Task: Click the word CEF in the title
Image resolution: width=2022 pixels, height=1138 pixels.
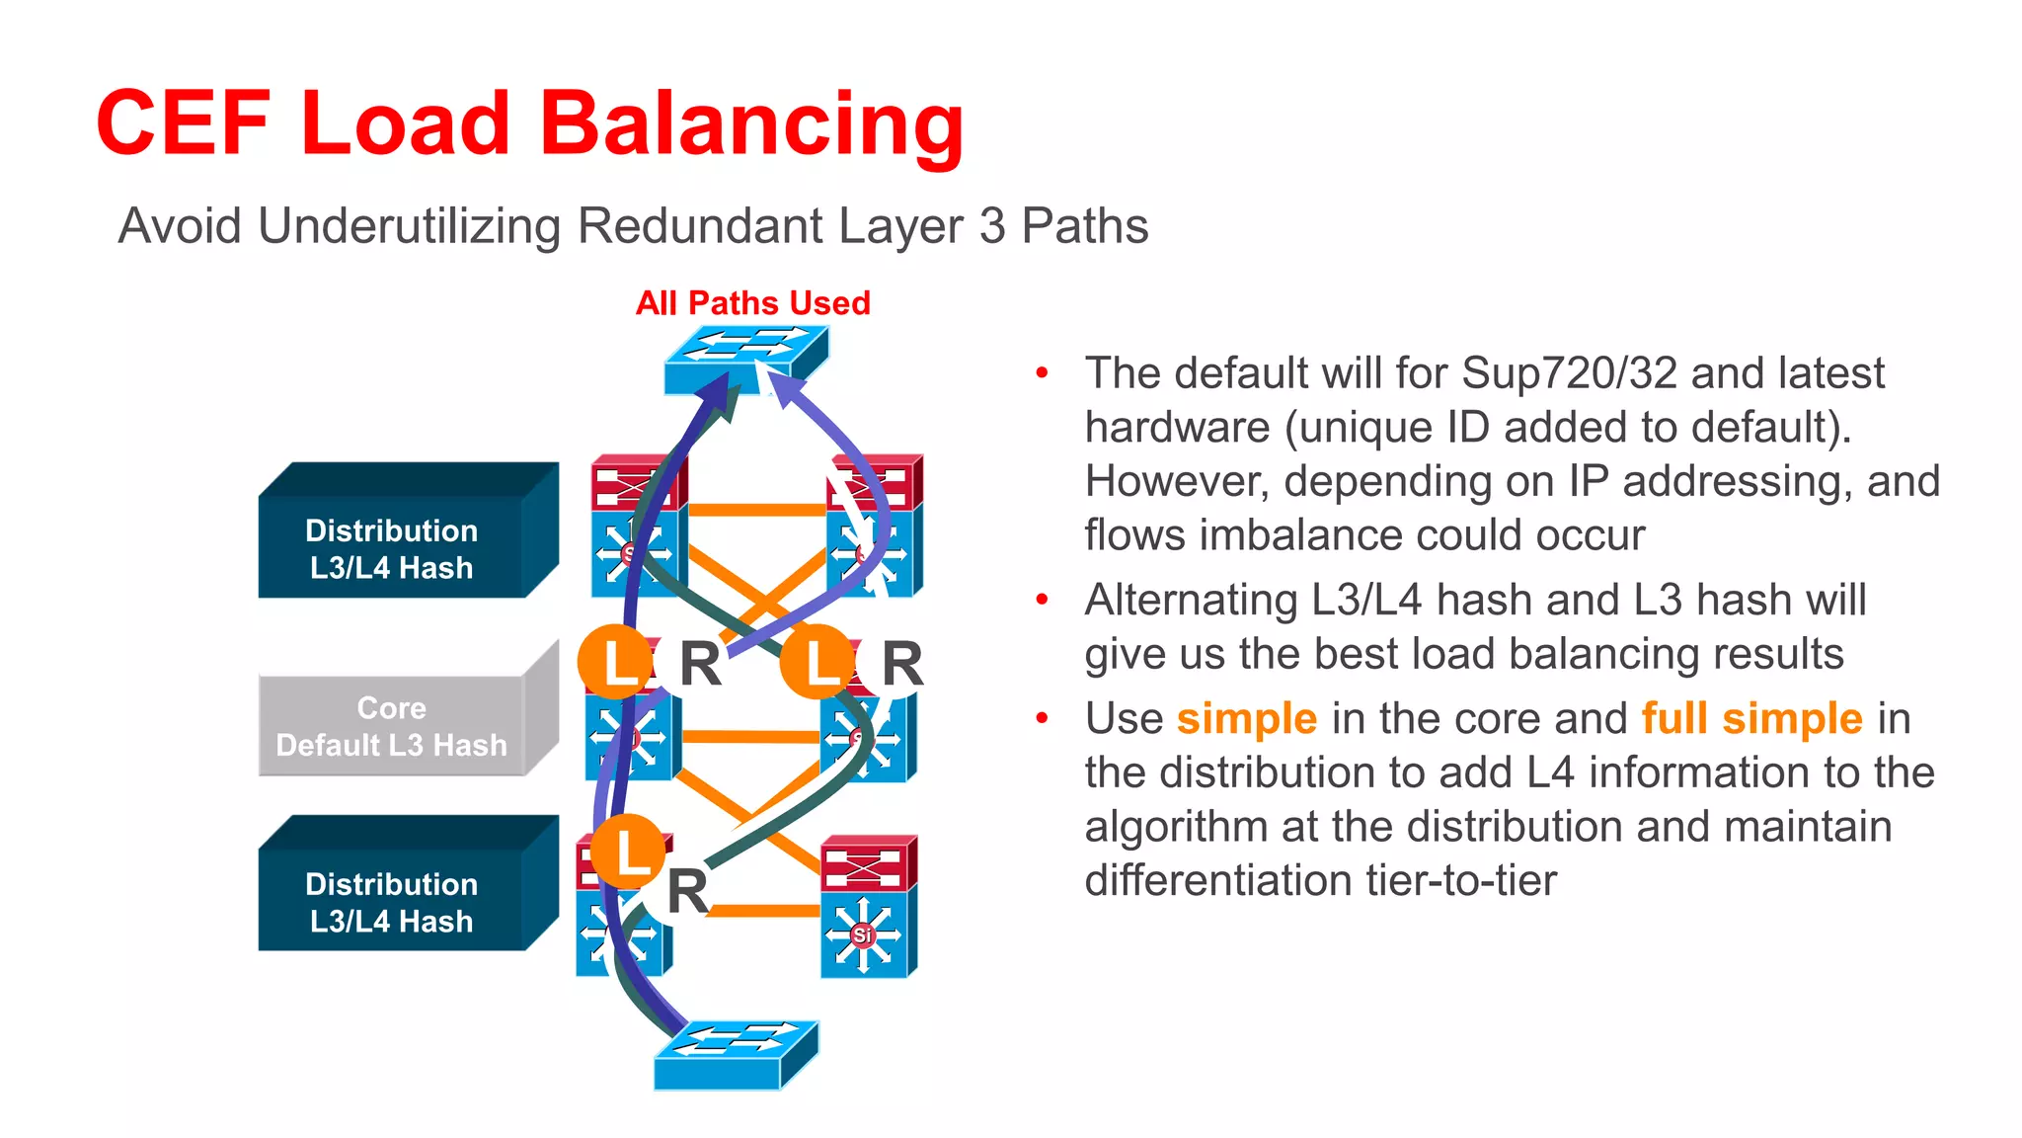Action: coord(183,123)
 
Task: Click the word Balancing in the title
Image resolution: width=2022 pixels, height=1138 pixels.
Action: coord(750,123)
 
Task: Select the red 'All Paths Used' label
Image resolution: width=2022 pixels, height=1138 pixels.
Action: coord(752,302)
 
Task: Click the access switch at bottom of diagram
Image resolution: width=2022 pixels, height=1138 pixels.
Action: coord(736,1055)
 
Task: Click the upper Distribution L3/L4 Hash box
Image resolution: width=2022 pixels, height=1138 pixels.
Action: coord(392,548)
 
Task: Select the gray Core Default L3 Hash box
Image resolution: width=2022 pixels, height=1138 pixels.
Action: coord(392,726)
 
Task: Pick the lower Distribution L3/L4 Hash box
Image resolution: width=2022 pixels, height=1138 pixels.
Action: coord(392,902)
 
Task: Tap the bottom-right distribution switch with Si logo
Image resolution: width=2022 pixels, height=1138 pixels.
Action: coord(867,907)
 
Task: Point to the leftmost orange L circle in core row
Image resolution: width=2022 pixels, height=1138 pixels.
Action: coord(615,662)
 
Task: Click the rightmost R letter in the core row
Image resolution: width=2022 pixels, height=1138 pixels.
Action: coord(900,663)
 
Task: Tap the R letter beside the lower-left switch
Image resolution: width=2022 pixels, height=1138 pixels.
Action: coord(687,891)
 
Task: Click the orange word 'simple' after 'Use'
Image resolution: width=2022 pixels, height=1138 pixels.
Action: coord(1246,718)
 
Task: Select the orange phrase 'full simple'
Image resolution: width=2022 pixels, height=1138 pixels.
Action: coord(1751,718)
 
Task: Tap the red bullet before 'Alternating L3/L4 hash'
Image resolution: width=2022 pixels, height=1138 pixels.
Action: coord(1042,600)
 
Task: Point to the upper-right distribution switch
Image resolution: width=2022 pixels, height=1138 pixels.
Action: coord(873,527)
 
